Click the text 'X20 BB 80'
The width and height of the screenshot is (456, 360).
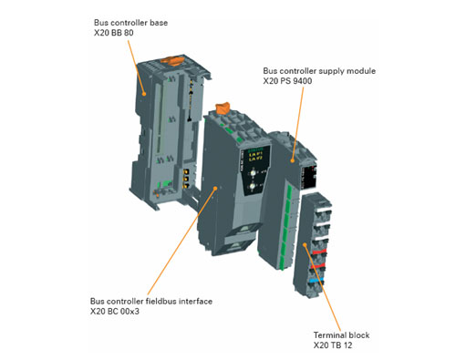coord(114,33)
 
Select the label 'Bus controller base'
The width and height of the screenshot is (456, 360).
coord(130,23)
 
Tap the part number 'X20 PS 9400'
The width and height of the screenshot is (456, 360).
coord(287,81)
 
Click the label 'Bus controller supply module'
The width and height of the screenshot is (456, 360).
coord(319,71)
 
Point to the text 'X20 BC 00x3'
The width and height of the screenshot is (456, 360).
coord(115,312)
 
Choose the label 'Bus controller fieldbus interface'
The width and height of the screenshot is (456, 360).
coord(151,302)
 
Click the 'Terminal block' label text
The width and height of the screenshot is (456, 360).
coord(341,335)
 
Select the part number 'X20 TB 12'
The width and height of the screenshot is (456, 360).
coord(333,345)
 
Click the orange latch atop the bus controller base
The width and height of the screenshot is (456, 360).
coord(172,60)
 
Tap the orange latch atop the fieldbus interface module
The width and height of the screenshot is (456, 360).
coord(223,109)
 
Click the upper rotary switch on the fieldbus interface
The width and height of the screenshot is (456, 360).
coord(253,173)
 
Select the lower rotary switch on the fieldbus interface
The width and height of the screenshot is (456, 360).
coord(253,186)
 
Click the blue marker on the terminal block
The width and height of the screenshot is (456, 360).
coord(316,280)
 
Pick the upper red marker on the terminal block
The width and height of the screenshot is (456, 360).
coord(318,252)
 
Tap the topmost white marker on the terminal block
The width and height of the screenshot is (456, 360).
coord(324,210)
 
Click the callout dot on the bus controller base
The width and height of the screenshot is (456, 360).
coord(144,94)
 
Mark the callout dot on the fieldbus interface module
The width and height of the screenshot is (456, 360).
coord(215,188)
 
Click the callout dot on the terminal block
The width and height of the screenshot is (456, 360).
coord(305,244)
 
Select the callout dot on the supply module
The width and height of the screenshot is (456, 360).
coord(293,160)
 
